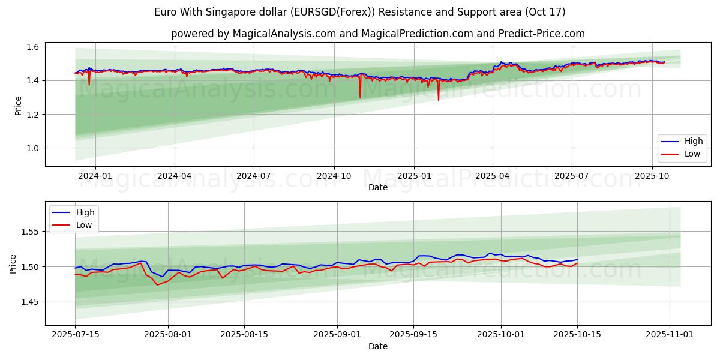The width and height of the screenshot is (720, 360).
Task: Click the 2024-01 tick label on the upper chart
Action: coord(95,176)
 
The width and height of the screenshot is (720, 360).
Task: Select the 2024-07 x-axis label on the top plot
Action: coord(254,176)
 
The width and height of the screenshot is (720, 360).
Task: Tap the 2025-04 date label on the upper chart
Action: coord(493,176)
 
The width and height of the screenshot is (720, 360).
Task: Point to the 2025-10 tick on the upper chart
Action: coord(652,176)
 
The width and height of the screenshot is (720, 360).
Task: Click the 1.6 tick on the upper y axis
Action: coord(33,47)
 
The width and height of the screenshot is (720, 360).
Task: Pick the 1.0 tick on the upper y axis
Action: coord(33,148)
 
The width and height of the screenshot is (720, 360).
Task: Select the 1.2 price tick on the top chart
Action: coord(33,115)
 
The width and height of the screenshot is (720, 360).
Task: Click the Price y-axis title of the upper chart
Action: coord(18,106)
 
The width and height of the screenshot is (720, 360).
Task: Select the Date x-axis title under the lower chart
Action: coord(378,346)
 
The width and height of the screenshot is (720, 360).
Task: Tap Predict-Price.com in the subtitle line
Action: coord(542,34)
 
